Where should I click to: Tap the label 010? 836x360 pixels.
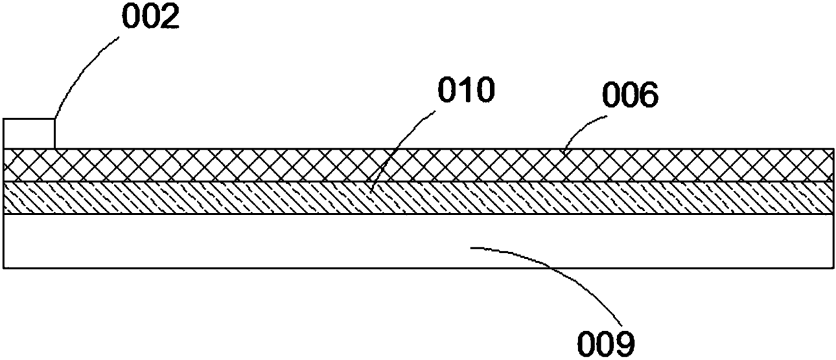[x=466, y=91]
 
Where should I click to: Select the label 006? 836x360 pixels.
[x=628, y=97]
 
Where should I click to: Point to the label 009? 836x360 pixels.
[x=605, y=344]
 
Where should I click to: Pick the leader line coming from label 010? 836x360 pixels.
[x=405, y=148]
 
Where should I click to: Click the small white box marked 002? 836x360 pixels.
[x=29, y=133]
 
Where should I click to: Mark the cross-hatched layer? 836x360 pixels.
[x=418, y=165]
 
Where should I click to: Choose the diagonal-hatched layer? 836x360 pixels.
[x=418, y=198]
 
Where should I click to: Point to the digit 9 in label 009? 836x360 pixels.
[x=624, y=344]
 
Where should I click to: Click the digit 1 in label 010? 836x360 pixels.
[x=466, y=91]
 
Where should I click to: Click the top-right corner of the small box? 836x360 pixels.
[x=55, y=119]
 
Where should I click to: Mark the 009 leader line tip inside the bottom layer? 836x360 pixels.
[x=471, y=248]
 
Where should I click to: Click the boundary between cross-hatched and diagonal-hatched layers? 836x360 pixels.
[x=418, y=181]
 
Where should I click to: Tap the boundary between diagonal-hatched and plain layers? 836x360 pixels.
[x=418, y=214]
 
